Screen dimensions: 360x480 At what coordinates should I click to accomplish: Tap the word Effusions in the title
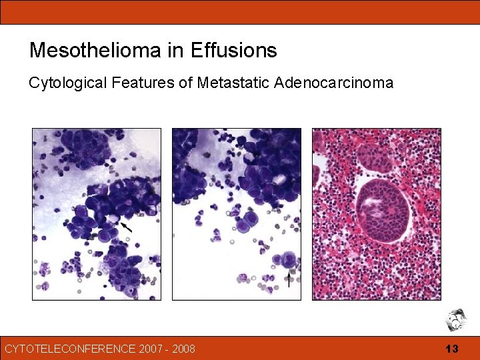[233, 50]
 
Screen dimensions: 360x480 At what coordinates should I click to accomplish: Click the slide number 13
[452, 349]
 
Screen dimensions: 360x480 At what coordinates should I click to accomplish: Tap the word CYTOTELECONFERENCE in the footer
[68, 349]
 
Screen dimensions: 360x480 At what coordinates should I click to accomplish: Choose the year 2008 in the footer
[183, 349]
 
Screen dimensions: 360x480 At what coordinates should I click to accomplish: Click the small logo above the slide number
[456, 319]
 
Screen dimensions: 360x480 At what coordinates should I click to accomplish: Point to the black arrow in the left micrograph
[126, 227]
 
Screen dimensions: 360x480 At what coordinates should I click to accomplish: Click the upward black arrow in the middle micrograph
[289, 278]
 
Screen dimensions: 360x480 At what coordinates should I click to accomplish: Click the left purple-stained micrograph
[97, 214]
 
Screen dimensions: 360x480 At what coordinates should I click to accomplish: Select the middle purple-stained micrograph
[237, 214]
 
